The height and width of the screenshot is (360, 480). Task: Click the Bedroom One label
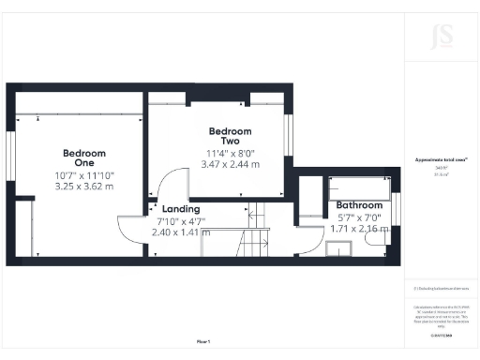84,158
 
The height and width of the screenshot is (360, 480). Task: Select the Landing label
180,208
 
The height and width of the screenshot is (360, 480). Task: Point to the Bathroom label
359,204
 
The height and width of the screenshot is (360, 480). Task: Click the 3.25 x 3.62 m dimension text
84,186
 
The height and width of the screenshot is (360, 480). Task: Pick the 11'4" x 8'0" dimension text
230,152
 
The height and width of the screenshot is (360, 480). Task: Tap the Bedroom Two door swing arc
167,187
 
